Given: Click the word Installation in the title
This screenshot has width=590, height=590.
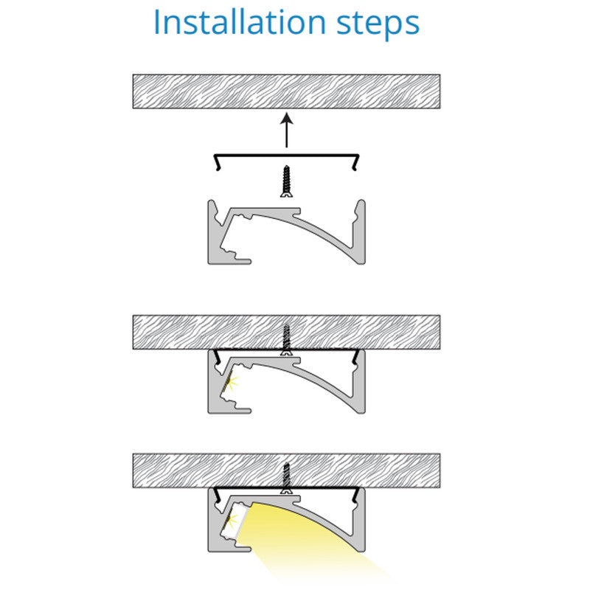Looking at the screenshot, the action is (x=240, y=22).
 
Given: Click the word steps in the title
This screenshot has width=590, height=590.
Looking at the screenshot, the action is (x=378, y=24).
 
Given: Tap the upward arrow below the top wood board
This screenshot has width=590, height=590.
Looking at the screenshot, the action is (x=287, y=130).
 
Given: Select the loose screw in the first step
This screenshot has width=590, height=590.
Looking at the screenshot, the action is (x=287, y=181).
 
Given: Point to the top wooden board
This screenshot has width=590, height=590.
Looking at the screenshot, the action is (x=286, y=91).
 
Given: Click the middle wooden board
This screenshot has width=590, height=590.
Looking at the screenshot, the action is (x=286, y=333).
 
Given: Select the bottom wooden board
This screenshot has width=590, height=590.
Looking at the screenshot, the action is (x=286, y=471).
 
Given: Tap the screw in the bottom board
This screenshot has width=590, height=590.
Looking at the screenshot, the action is (x=287, y=478).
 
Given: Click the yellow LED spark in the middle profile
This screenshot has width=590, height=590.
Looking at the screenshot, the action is (x=232, y=382).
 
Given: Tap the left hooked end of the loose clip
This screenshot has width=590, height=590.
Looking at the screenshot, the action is (x=217, y=162).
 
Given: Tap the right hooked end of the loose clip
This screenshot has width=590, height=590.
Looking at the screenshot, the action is (x=355, y=162).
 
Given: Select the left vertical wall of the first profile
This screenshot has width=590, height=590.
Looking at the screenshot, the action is (x=214, y=232).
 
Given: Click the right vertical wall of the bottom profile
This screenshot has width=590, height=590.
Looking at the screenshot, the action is (x=359, y=519).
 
